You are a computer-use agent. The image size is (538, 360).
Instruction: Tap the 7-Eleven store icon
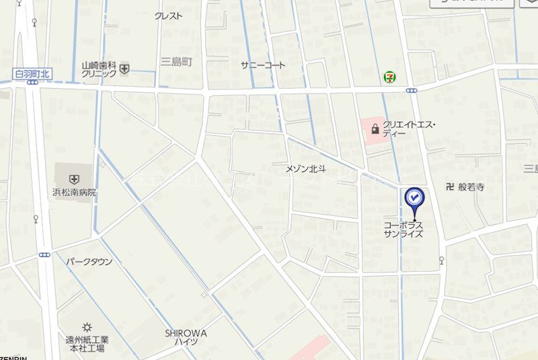click(389, 77)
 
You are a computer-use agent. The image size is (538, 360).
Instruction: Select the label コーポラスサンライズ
click(403, 229)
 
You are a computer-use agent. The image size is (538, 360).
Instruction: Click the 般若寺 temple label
click(471, 188)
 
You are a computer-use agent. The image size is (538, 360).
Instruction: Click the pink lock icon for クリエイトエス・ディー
click(375, 129)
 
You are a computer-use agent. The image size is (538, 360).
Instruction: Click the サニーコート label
click(263, 65)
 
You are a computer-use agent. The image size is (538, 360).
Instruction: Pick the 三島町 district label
click(176, 62)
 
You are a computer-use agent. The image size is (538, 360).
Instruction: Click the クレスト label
click(168, 16)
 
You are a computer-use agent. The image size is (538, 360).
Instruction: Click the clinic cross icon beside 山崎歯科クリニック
click(125, 67)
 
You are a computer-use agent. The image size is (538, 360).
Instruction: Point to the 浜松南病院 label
click(74, 192)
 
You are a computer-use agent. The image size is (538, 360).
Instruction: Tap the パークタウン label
click(89, 262)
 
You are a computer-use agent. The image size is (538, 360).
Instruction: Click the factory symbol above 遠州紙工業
click(86, 327)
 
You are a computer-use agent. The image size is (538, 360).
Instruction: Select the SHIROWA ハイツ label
click(186, 338)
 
